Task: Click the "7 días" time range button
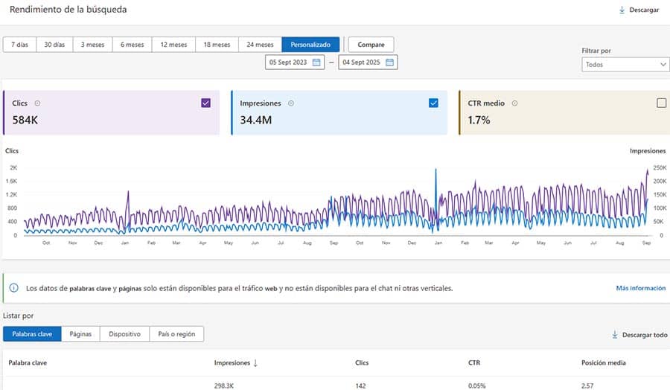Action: [19, 45]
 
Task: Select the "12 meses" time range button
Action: [173, 45]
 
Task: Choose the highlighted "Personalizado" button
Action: [310, 45]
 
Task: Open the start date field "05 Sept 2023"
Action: [288, 63]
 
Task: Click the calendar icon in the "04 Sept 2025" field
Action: [389, 63]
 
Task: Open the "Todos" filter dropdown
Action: [625, 65]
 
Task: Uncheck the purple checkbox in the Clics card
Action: [206, 103]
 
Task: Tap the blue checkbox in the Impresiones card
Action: [434, 103]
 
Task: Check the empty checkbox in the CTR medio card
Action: [661, 103]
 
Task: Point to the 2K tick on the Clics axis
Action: [13, 168]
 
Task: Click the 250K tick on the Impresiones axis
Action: [660, 168]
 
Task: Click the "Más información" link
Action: [640, 288]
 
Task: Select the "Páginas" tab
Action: [80, 334]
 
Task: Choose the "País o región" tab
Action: [176, 334]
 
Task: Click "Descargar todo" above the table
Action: [639, 335]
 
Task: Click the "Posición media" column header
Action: [603, 363]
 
